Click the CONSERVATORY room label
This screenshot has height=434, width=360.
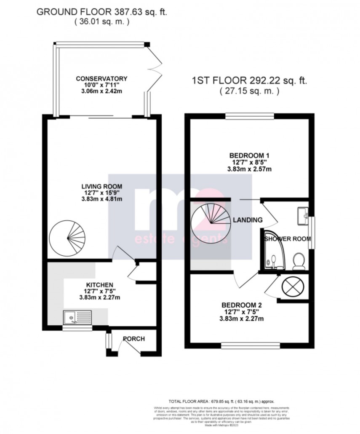101,79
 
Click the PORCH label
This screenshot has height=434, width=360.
133,338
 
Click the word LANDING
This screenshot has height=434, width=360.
248,220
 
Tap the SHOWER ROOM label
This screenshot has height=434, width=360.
288,239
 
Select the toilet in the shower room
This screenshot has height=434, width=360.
299,260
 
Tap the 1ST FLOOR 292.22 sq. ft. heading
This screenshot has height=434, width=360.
249,81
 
